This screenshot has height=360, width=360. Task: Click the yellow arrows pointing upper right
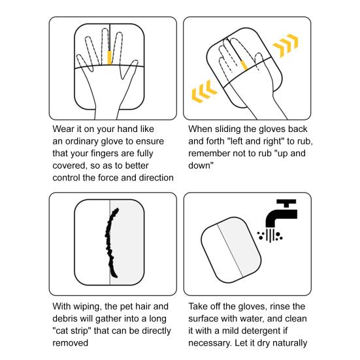pos(286,45)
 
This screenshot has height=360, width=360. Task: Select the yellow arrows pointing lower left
pos(204,91)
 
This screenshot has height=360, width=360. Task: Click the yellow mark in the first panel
pos(110,57)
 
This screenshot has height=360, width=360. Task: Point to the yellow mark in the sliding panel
pos(244,65)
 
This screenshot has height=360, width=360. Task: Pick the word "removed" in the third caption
pos(71,343)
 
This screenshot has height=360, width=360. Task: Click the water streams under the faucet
pos(270,236)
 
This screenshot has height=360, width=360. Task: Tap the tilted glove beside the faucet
pos(231,250)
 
